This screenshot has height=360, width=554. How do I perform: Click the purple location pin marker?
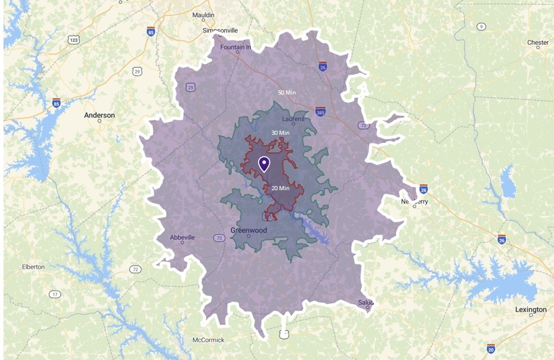coord(264,163)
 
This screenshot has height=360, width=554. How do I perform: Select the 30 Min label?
coord(280,133)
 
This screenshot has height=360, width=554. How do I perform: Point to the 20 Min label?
coord(280,188)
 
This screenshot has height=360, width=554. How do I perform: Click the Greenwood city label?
coord(249,230)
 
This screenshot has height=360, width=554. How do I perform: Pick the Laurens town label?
coord(293,119)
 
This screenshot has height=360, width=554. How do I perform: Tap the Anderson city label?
coord(99,116)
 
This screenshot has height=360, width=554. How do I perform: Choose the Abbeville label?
coord(182,237)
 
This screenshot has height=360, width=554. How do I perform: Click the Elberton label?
coord(33,267)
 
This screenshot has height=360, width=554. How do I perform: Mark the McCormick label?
coord(208,340)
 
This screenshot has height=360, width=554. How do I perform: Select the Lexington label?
coord(530,309)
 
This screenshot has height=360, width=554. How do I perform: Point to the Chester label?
coord(538,43)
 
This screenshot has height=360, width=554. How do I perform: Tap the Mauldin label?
coord(203,15)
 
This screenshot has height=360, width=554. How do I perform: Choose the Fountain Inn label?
coord(236,47)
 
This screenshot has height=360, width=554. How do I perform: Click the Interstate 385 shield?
coord(320,111)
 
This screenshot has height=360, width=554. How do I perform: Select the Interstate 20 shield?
coord(491,348)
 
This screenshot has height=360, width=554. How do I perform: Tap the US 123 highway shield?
coord(74,39)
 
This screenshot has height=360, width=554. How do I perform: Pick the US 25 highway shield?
coord(191,87)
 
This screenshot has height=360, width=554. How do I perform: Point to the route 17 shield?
coord(55,294)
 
